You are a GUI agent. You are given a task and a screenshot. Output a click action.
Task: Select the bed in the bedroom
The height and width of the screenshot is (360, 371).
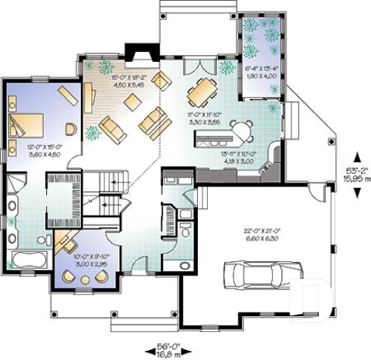26,123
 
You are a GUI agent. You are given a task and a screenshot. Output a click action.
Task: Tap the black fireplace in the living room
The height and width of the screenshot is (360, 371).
140,54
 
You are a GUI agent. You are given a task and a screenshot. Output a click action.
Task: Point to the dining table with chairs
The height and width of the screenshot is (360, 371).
202,91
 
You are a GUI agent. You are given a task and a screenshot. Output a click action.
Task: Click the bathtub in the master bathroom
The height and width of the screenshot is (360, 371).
29,261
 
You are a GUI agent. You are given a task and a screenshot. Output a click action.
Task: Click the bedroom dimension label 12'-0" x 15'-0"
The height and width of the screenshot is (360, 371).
43,152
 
